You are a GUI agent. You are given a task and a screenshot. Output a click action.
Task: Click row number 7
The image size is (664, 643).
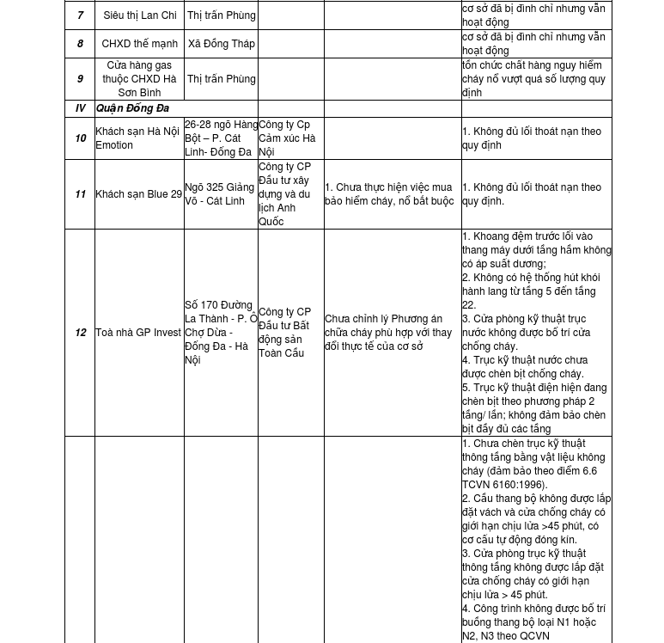80,15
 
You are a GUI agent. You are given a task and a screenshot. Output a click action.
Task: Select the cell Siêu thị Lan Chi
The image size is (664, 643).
139,15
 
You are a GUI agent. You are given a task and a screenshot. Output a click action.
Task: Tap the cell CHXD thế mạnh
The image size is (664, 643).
139,44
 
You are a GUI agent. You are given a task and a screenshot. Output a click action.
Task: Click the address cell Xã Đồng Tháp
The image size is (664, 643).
221,44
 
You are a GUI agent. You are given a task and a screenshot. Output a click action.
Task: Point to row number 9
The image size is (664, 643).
80,79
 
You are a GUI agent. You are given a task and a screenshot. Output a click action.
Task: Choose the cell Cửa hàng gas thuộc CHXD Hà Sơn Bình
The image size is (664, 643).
139,79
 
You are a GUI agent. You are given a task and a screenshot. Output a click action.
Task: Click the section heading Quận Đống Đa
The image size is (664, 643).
132,108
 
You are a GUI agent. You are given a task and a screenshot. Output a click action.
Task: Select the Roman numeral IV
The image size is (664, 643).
80,108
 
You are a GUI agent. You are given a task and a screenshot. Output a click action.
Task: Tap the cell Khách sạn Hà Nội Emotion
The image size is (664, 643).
137,138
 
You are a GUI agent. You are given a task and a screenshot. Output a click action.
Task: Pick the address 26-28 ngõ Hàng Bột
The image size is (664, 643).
220,138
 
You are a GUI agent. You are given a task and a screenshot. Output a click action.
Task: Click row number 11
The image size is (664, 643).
80,194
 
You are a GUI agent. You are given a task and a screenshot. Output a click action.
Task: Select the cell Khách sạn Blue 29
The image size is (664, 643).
138,194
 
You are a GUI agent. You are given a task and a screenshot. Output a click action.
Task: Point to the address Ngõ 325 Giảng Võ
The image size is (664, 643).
220,194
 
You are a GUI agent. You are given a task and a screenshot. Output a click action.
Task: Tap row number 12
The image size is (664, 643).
80,333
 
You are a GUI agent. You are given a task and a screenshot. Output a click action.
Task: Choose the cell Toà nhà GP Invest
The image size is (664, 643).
138,333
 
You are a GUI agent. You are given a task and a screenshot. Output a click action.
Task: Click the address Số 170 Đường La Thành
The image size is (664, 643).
220,333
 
